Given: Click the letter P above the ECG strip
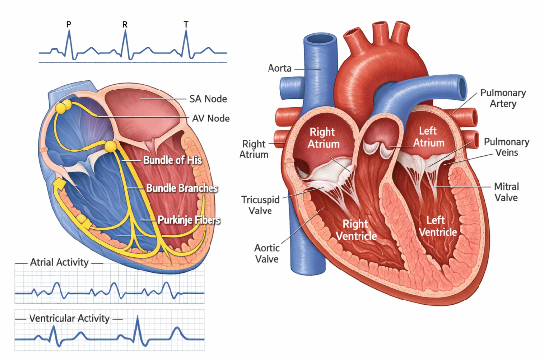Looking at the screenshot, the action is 68,24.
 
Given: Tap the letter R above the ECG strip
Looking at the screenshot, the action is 125,24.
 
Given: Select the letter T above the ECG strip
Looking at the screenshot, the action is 186,24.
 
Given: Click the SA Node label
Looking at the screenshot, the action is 208,99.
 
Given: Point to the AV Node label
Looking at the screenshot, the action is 210,119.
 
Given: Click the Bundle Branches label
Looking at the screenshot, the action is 182,188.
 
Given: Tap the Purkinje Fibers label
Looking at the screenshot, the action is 189,220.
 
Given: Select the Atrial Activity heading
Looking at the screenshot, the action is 59,262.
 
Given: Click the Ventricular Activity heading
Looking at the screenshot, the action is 69,318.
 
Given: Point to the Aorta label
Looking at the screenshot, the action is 279,68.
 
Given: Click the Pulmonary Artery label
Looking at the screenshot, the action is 503,98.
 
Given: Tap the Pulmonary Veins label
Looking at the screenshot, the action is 507,147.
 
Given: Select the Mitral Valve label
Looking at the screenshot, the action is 506,192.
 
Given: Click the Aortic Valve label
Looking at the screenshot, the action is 266,253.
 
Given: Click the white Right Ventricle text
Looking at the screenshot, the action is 356,230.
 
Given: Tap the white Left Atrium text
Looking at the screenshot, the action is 428,137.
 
